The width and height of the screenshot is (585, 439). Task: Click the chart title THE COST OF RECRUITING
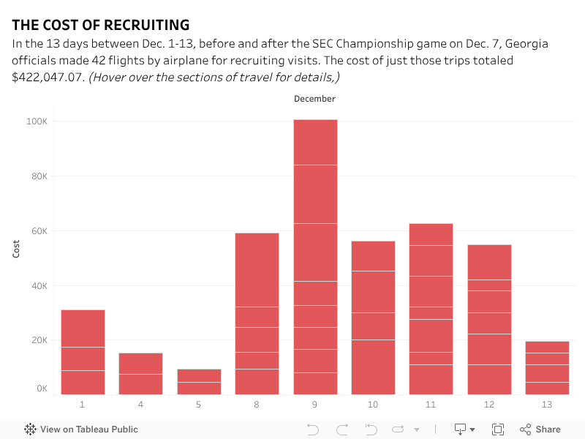click(100, 25)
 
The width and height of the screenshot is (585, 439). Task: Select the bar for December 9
click(315, 256)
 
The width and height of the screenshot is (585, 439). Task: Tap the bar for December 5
click(199, 381)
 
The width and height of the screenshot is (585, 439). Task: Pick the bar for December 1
click(83, 352)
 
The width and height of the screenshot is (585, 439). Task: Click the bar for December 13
click(547, 367)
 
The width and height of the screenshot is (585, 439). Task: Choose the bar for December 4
click(140, 373)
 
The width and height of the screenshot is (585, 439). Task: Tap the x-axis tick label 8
click(257, 404)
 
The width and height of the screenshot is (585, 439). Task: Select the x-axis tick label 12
click(489, 404)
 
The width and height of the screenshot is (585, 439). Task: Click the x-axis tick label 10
click(373, 404)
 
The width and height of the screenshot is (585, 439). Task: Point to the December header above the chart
click(314, 99)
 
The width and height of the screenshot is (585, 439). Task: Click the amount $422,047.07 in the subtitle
click(48, 77)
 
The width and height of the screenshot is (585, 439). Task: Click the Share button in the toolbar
click(540, 429)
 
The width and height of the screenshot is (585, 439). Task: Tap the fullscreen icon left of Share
click(498, 429)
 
